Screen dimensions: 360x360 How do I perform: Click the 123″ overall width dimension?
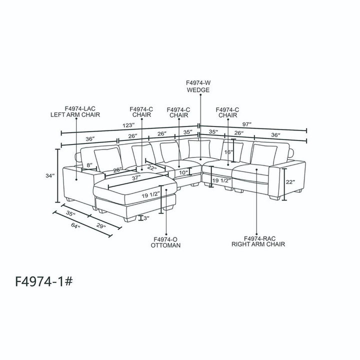tap(128, 125)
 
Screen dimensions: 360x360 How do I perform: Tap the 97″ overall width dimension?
tap(247, 124)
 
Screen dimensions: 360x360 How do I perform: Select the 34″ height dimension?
tap(50, 176)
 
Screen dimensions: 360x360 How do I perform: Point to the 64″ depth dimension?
tap(75, 225)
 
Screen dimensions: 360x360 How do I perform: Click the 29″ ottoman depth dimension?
tap(101, 225)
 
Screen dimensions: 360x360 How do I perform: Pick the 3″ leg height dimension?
tap(146, 218)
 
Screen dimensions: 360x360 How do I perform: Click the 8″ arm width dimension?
tap(89, 165)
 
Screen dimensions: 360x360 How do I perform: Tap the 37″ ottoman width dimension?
tap(136, 178)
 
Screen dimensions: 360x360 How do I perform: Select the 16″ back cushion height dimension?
tap(229, 152)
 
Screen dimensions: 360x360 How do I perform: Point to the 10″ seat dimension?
tap(183, 172)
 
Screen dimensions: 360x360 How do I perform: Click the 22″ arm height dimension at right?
tap(290, 182)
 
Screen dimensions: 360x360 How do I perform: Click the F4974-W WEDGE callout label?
tap(198, 86)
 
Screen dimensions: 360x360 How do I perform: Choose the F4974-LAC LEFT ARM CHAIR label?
tap(75, 112)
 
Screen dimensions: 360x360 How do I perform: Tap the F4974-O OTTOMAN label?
tap(165, 242)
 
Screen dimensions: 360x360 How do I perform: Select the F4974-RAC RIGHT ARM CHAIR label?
tap(258, 242)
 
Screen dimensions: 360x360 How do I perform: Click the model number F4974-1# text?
tap(44, 281)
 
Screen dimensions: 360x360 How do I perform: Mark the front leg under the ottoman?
tap(129, 218)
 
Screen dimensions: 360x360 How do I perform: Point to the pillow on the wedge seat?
tap(199, 149)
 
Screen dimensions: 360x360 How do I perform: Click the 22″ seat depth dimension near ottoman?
tap(152, 168)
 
